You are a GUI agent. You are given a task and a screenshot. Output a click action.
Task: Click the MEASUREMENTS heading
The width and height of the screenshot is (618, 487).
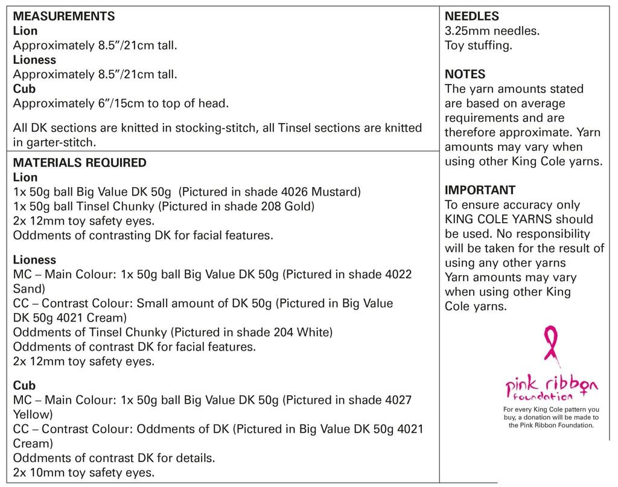click(63, 16)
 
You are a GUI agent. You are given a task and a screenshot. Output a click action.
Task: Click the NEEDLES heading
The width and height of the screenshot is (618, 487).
click(472, 16)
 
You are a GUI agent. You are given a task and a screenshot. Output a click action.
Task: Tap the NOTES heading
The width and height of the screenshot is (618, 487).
click(465, 74)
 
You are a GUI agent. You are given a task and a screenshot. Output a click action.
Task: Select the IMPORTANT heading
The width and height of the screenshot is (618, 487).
click(480, 190)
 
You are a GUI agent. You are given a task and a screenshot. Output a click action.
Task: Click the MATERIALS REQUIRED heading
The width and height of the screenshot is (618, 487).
click(80, 162)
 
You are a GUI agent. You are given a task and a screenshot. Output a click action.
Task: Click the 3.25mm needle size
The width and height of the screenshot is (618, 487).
click(469, 31)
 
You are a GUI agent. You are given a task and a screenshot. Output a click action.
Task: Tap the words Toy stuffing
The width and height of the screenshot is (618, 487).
click(478, 45)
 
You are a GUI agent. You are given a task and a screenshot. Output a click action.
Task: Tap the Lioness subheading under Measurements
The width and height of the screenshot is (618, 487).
click(34, 60)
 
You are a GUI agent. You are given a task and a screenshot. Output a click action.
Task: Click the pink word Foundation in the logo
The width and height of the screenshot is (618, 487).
click(542, 397)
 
